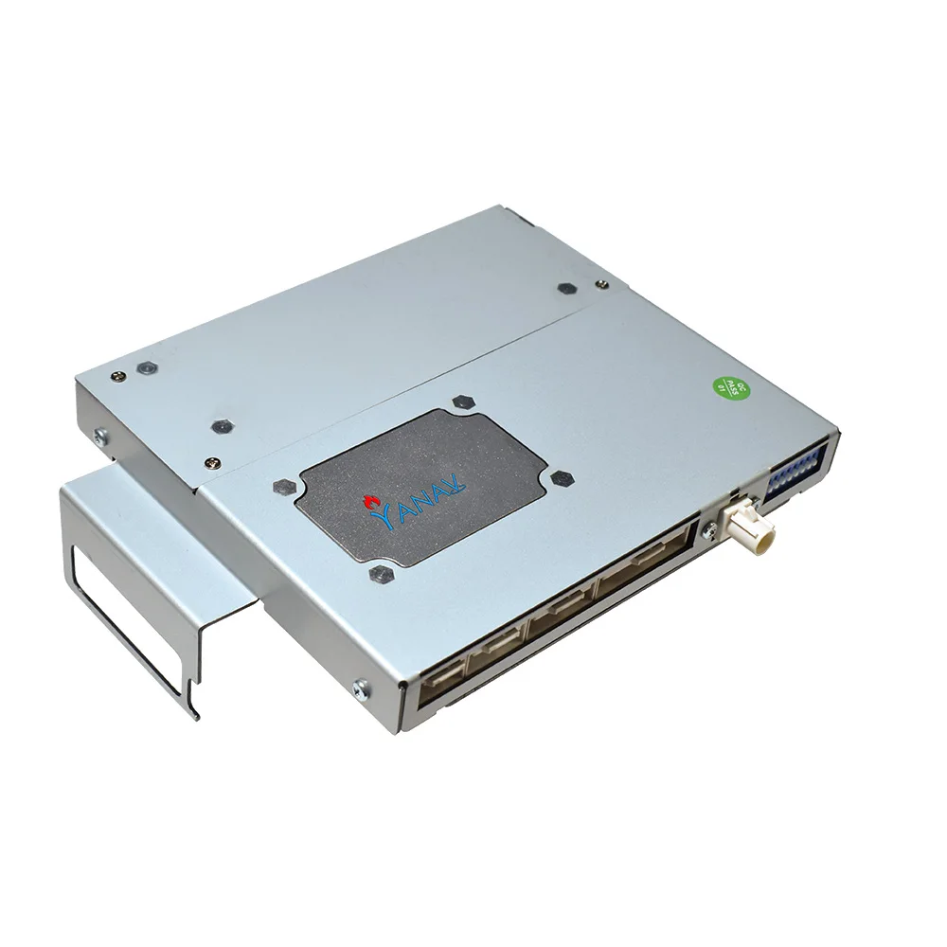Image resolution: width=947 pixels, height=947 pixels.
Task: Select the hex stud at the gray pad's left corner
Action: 280,487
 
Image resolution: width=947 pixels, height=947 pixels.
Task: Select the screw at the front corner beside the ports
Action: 358,688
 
